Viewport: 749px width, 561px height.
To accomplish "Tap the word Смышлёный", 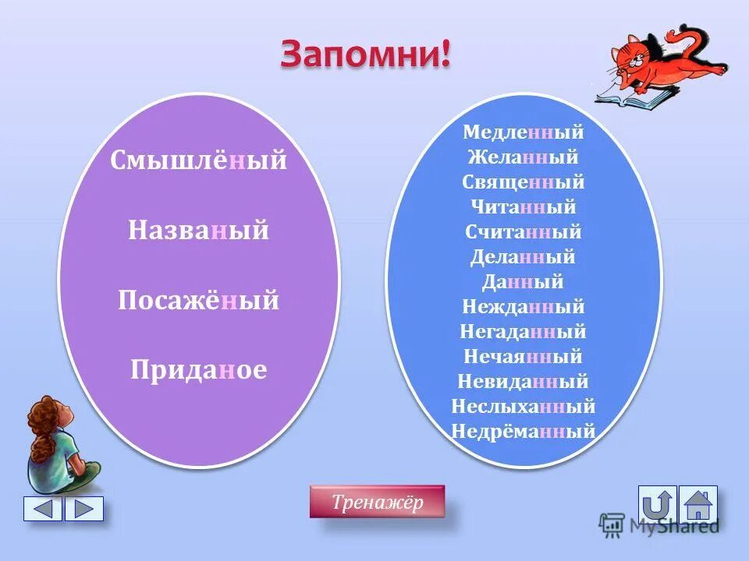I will (x=199, y=161).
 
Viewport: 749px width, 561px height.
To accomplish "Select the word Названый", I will (x=199, y=231).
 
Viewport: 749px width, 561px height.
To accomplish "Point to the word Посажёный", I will (x=199, y=301).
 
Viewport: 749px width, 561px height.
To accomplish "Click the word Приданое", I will (x=199, y=370).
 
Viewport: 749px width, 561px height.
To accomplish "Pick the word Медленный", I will (x=523, y=132).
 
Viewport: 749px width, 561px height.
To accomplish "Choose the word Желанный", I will (x=523, y=157).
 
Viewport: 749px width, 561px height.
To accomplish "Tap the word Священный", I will (x=523, y=182).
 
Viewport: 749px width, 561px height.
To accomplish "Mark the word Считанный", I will (x=523, y=232).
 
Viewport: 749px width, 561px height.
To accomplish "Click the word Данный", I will (x=523, y=282).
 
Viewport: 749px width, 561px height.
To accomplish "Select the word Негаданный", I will (x=523, y=332).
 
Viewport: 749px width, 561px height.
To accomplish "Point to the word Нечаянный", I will (x=523, y=357).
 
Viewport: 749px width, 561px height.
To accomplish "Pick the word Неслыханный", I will (x=523, y=407).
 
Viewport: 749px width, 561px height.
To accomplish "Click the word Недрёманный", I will (x=523, y=431).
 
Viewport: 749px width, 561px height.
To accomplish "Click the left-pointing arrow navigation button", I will (x=43, y=509).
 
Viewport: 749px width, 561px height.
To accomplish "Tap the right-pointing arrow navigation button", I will (x=83, y=509).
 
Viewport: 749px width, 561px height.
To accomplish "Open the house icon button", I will (x=698, y=505).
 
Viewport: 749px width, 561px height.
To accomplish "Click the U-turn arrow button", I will (x=657, y=505).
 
